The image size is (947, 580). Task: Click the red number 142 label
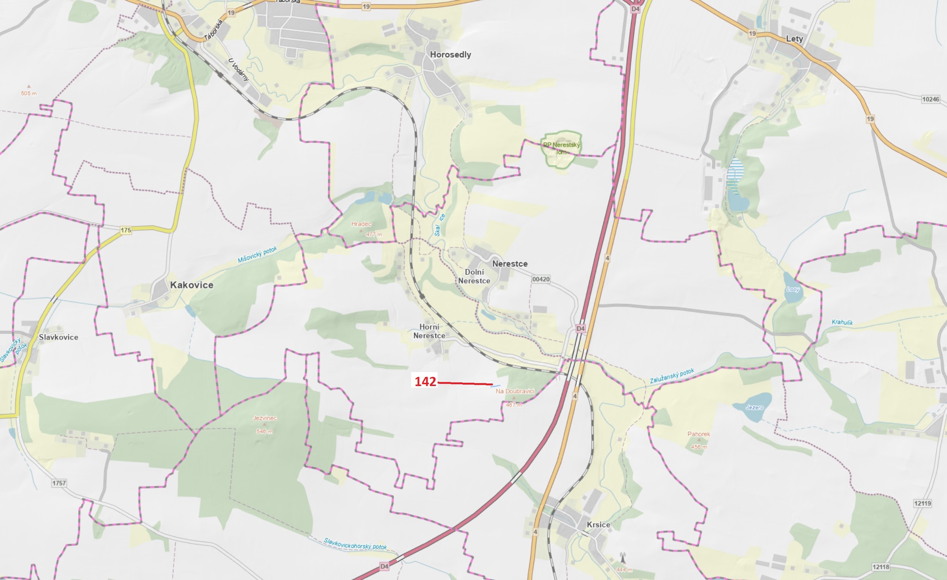tap(425, 381)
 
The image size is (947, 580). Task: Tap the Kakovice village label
tap(191, 285)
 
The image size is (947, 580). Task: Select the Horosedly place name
tap(450, 55)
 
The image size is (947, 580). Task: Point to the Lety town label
tap(794, 39)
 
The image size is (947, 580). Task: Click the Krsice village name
tap(598, 525)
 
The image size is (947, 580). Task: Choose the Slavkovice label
tap(58, 337)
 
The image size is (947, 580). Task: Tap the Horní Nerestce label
tap(429, 331)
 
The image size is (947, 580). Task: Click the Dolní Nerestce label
tap(474, 276)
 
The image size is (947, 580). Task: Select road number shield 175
tap(126, 230)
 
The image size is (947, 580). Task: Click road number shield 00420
tap(541, 279)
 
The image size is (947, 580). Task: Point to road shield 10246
tap(931, 99)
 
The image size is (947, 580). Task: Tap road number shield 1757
tap(59, 483)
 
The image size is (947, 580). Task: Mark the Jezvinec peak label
tap(265, 418)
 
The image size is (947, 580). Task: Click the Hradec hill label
tap(361, 224)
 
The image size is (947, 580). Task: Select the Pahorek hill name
tap(699, 434)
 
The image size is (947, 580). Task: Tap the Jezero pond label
tap(754, 407)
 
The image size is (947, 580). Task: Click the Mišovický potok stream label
tap(257, 255)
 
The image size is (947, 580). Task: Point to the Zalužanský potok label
tap(672, 376)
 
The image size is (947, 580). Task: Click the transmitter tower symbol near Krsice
tap(623, 557)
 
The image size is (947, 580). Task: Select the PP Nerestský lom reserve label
tap(561, 148)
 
